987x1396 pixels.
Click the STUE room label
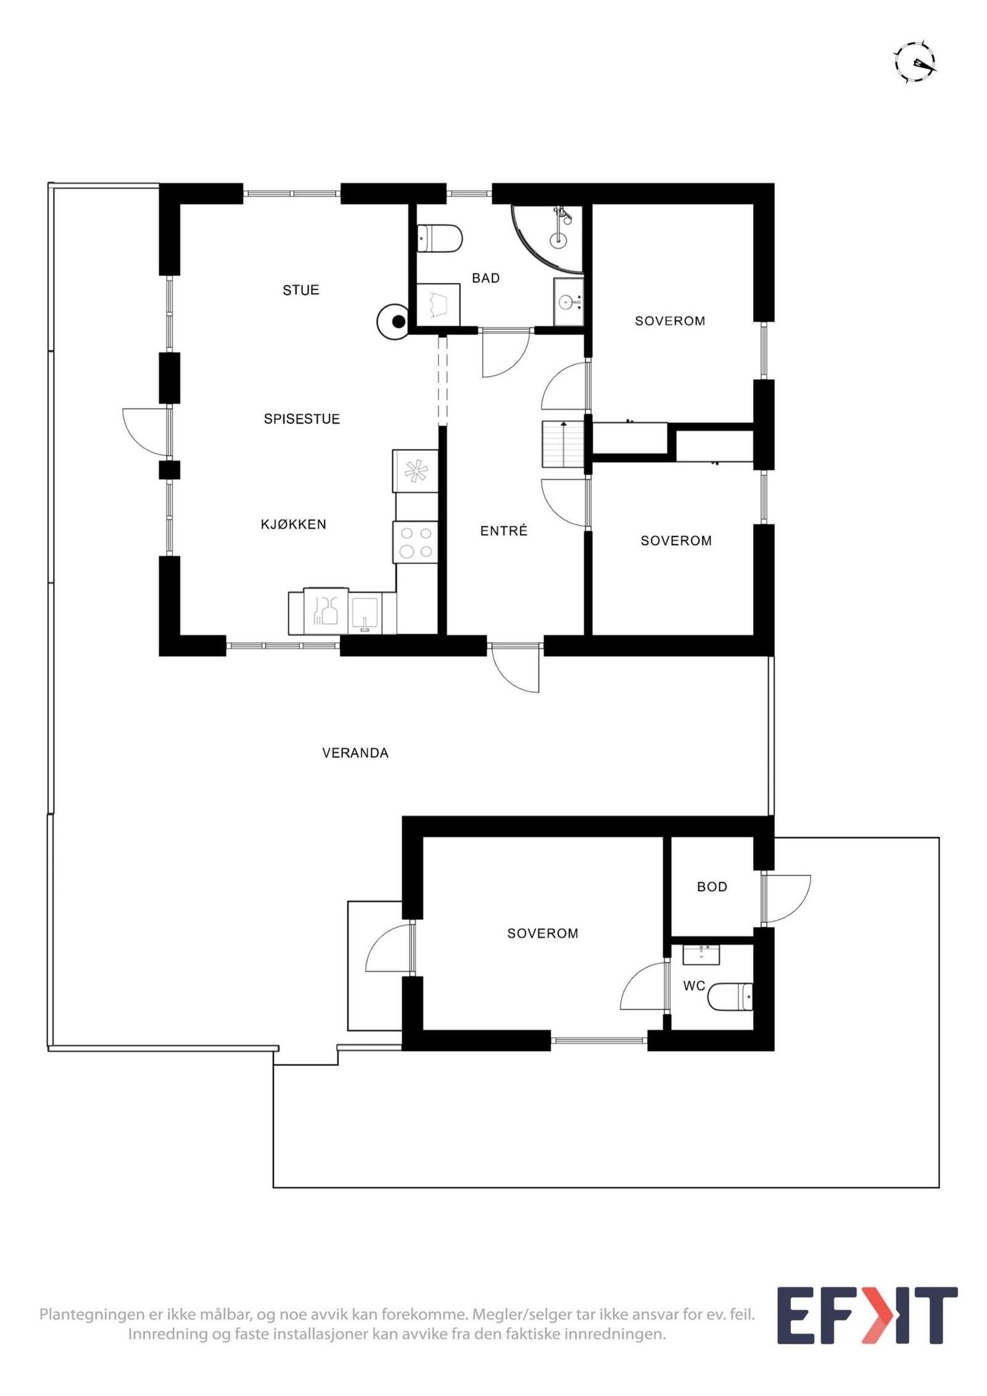[x=300, y=290]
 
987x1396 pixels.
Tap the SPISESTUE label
[x=302, y=419]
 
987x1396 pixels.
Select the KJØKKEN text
[x=293, y=524]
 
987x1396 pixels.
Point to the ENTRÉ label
[x=503, y=531]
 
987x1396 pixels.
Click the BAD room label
[x=485, y=278]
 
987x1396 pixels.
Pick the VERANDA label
[x=355, y=753]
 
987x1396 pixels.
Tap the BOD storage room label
[x=712, y=887]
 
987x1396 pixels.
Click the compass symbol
[x=915, y=62]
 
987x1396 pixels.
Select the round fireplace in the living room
[x=394, y=321]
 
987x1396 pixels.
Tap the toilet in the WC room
[x=730, y=996]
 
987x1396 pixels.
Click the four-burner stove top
[x=415, y=542]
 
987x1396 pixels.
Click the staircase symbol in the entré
[x=563, y=444]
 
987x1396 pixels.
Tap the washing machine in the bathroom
[x=438, y=304]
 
